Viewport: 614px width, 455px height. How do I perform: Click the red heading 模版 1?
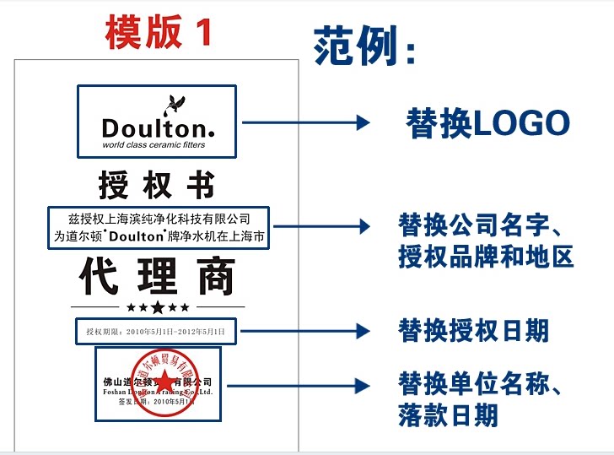[x=158, y=32]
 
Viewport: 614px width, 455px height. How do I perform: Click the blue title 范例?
[x=365, y=46]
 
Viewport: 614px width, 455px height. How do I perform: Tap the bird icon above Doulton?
[x=175, y=103]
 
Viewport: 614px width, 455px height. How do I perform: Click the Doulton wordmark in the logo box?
[x=157, y=128]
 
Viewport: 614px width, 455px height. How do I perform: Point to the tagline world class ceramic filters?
[x=153, y=145]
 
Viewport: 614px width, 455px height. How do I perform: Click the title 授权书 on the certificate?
[x=157, y=184]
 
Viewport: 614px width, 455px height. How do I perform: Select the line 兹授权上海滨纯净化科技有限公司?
[x=159, y=219]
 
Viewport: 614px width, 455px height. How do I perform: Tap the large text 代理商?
[x=158, y=276]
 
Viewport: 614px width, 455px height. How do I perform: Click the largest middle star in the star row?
[x=158, y=306]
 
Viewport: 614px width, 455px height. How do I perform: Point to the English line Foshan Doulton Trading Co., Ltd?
[x=157, y=392]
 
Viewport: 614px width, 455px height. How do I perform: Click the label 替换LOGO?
[x=487, y=123]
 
